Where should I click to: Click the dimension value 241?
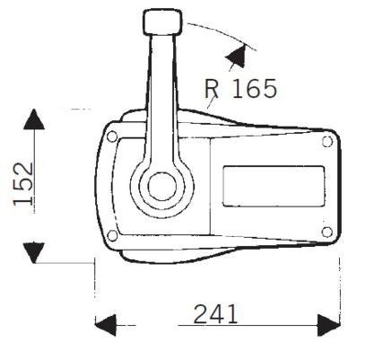tap(215, 314)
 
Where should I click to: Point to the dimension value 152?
tap(25, 184)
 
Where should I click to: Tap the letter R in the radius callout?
tap(213, 89)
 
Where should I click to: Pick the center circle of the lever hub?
tap(161, 188)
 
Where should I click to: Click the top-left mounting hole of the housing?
tap(112, 137)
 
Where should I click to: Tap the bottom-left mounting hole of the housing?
tap(112, 236)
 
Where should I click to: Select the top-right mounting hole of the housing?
tap(326, 142)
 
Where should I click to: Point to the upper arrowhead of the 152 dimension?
tap(34, 120)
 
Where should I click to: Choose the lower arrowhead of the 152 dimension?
tap(34, 251)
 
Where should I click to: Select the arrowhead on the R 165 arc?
tap(237, 56)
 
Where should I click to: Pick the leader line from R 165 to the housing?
tap(210, 106)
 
